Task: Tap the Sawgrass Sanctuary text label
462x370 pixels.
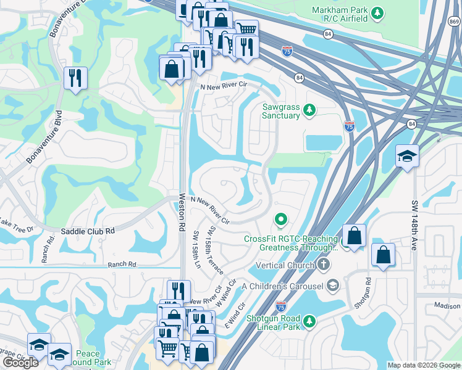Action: [x=281, y=111]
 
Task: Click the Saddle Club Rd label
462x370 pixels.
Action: [x=88, y=231]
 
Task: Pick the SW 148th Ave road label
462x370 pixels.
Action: [x=413, y=225]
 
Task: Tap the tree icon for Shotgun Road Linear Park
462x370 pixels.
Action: [x=309, y=321]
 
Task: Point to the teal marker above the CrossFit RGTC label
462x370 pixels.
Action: [x=281, y=219]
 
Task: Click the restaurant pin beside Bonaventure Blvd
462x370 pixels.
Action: [x=75, y=78]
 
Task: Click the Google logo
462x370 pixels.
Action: [x=20, y=362]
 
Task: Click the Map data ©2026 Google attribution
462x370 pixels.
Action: [x=424, y=365]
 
